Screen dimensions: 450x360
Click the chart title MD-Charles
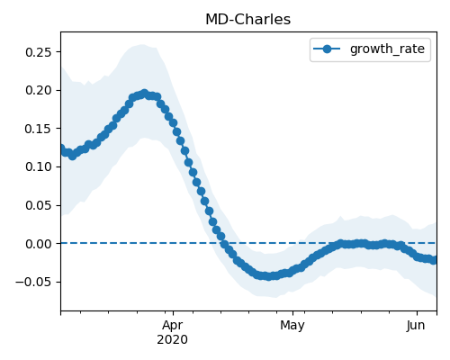pyautogui.click(x=247, y=20)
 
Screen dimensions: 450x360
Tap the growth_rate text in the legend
pyautogui.click(x=387, y=49)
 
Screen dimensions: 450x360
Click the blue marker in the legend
pyautogui.click(x=327, y=49)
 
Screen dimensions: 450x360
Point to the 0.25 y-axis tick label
pyautogui.click(x=39, y=52)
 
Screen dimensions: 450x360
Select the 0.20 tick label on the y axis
pyautogui.click(x=39, y=90)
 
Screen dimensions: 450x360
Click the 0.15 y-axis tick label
pyautogui.click(x=39, y=129)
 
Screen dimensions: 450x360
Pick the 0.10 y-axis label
pyautogui.click(x=39, y=166)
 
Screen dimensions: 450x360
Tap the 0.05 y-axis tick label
pyautogui.click(x=39, y=205)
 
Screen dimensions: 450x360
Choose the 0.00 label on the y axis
pyautogui.click(x=39, y=244)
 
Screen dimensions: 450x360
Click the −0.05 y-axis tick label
pyautogui.click(x=34, y=282)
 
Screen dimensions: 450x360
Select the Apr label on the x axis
pyautogui.click(x=173, y=326)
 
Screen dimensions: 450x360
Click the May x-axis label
pyautogui.click(x=292, y=326)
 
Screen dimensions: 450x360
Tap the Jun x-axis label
pyautogui.click(x=416, y=326)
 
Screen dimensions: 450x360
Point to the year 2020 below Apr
pyautogui.click(x=173, y=340)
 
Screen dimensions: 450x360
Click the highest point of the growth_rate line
pyautogui.click(x=145, y=94)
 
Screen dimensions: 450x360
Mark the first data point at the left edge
pyautogui.click(x=61, y=148)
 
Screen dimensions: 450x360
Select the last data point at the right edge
pyautogui.click(x=434, y=260)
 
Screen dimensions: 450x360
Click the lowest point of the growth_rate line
pyautogui.click(x=268, y=276)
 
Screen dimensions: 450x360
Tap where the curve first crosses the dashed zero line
pyautogui.click(x=223, y=243)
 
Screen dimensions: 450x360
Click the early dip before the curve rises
pyautogui.click(x=72, y=156)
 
